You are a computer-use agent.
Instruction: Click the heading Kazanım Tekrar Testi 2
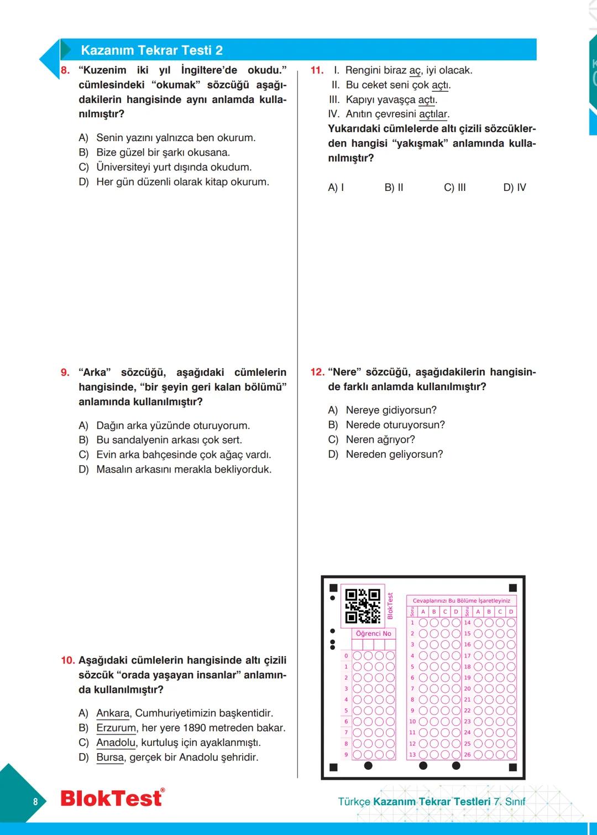[x=151, y=50]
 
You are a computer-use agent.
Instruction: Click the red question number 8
[x=65, y=70]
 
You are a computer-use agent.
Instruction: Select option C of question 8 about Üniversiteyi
[x=174, y=167]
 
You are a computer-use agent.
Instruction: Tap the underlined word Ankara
[x=113, y=713]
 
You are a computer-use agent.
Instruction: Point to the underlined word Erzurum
[x=116, y=728]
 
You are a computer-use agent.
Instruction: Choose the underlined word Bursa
[x=110, y=758]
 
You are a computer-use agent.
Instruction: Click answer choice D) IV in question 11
[x=514, y=188]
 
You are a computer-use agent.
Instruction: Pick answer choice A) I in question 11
[x=336, y=188]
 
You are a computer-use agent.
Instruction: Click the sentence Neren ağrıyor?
[x=380, y=440]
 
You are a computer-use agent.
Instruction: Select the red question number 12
[x=317, y=372]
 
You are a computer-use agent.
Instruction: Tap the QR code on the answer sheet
[x=363, y=606]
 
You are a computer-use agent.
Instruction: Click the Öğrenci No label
[x=373, y=634]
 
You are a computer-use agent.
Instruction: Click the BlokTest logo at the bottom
[x=112, y=798]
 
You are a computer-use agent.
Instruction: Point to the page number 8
[x=35, y=802]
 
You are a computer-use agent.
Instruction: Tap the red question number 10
[x=67, y=661]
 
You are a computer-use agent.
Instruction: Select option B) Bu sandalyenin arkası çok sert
[x=169, y=440]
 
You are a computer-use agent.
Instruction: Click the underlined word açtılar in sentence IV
[x=433, y=115]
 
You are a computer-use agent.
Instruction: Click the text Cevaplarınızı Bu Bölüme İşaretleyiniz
[x=461, y=601]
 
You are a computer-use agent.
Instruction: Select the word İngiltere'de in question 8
[x=209, y=70]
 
